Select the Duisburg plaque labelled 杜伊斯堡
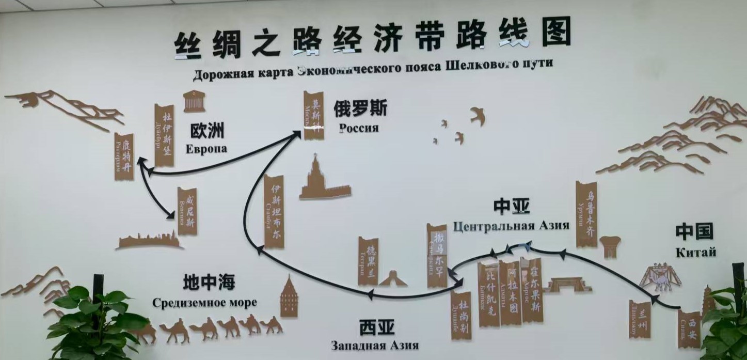pos(164,135)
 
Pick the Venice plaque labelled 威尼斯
pos(187,211)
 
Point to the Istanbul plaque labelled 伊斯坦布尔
pos(274,212)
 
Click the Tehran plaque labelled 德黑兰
pos(368,261)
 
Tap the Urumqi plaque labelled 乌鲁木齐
pos(586,214)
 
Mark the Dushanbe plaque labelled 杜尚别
pos(461,315)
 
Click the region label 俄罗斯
pos(360,108)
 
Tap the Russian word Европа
pos(206,149)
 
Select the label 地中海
pos(209,283)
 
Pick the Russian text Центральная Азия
pos(511,226)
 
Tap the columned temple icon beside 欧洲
pos(194,101)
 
